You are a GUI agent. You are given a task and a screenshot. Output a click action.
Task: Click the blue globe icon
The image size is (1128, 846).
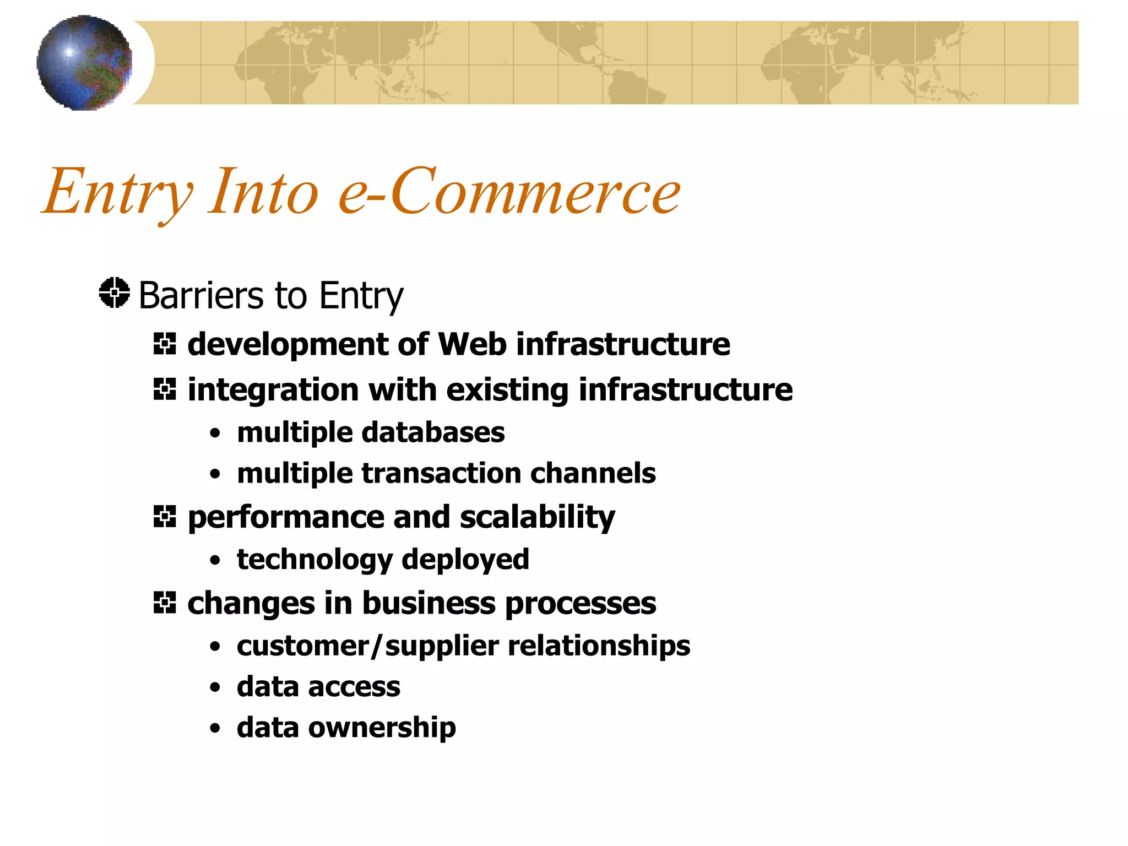84,63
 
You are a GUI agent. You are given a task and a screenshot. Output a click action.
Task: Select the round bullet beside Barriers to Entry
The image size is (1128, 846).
115,293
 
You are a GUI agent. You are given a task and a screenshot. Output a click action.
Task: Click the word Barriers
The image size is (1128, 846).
201,296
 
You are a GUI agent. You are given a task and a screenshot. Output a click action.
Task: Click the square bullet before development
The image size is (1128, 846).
165,344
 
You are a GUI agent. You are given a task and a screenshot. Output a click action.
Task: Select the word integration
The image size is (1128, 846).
273,391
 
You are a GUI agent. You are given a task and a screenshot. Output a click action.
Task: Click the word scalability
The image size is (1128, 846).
537,518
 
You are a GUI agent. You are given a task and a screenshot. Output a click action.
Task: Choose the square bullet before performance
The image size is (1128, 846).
165,517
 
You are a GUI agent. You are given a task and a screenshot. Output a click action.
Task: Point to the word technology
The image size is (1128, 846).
314,560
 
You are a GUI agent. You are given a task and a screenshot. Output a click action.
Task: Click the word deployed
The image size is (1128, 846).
465,560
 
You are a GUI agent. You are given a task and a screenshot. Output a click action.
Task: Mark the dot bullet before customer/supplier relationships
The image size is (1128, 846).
215,647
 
